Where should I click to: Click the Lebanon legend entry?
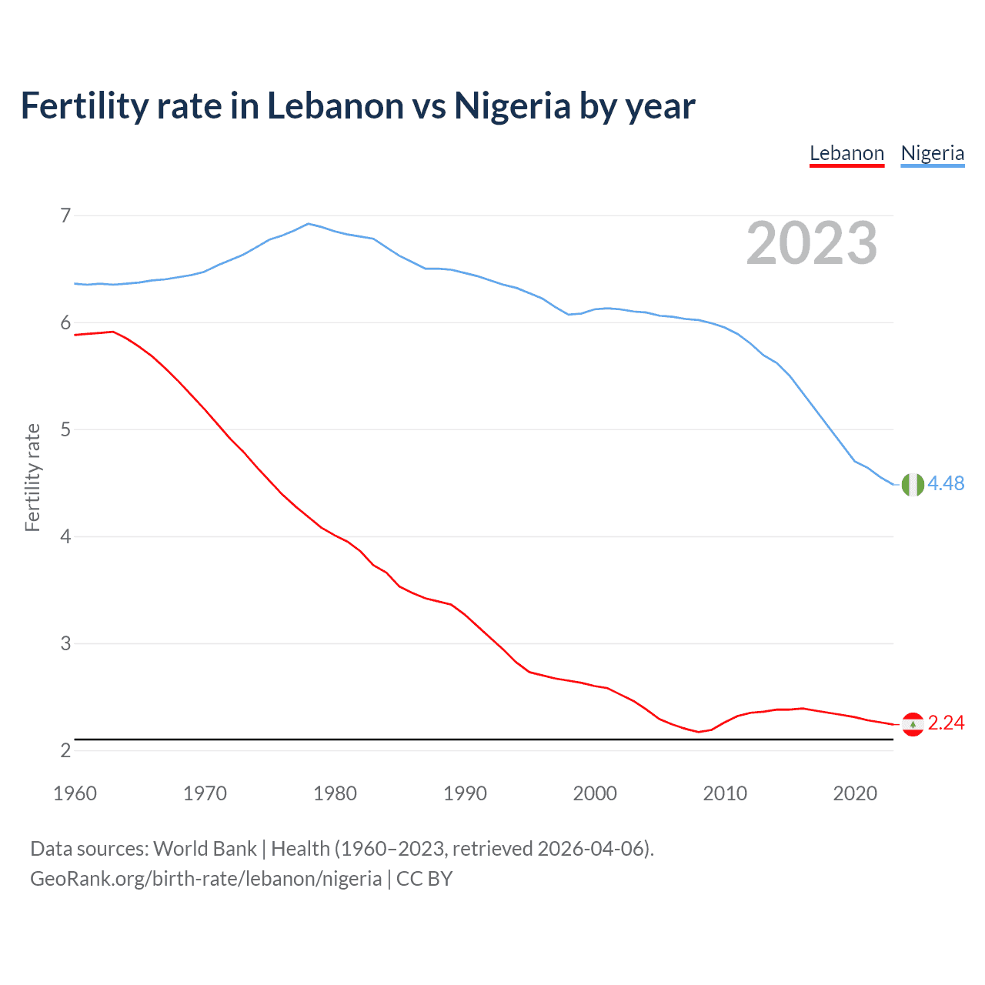[846, 153]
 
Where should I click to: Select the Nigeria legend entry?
[932, 153]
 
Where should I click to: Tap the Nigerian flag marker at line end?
[913, 485]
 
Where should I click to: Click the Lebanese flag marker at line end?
[913, 724]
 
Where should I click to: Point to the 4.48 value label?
[946, 483]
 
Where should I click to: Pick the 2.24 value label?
[946, 723]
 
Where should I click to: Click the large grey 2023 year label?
[811, 243]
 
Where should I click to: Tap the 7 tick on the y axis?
[65, 215]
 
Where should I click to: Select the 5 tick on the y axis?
[65, 429]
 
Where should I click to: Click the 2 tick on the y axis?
[65, 750]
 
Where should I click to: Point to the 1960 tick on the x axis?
[75, 793]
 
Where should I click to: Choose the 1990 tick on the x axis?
[465, 793]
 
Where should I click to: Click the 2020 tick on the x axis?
[855, 793]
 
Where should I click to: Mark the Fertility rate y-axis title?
[32, 477]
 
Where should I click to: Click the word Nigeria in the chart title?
[512, 106]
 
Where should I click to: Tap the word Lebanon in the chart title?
[336, 106]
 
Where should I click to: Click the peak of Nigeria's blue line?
[309, 224]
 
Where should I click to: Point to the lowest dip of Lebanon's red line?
[699, 732]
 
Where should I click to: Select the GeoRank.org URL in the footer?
[205, 879]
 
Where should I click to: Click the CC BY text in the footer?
[424, 879]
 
